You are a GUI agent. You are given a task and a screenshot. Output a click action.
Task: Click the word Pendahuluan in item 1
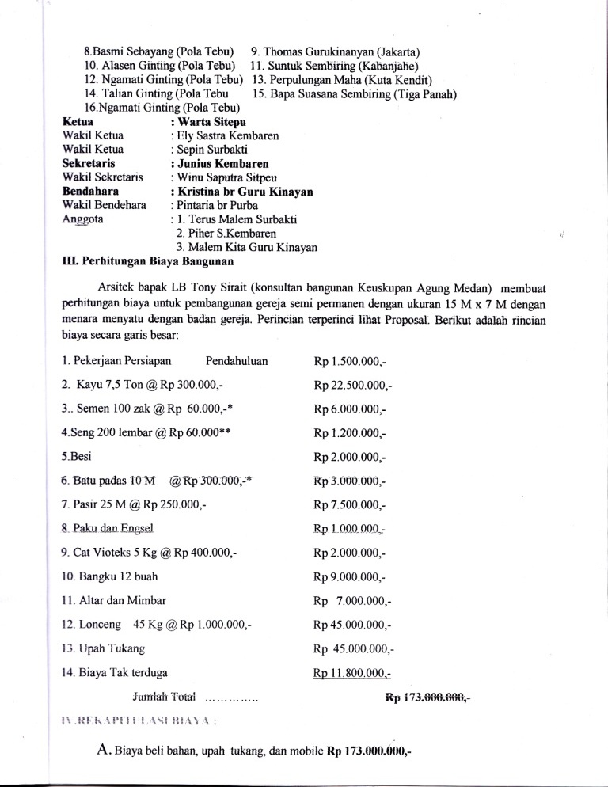click(236, 361)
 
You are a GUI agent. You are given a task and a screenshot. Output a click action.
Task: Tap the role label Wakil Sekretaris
click(102, 178)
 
